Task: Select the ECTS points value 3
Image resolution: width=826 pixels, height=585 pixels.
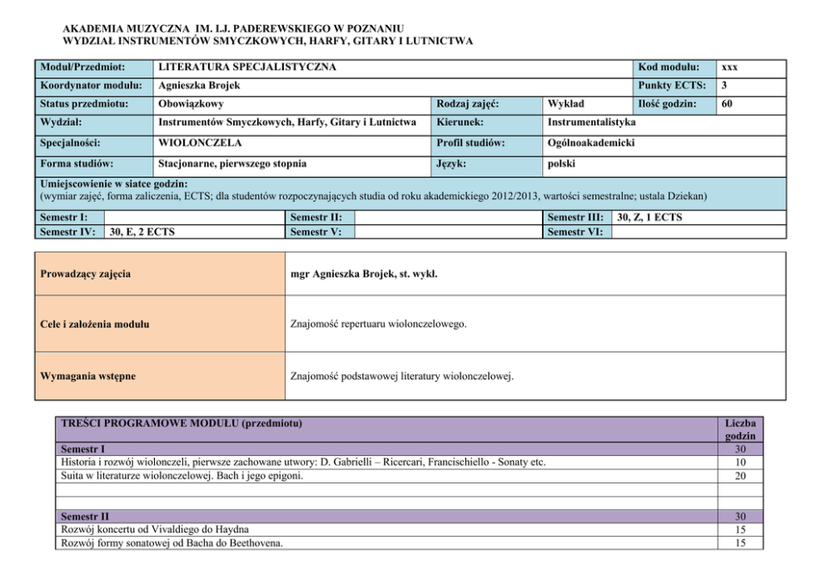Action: point(725,86)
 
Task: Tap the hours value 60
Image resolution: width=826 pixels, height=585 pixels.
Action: point(728,104)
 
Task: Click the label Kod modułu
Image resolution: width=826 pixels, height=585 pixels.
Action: point(669,67)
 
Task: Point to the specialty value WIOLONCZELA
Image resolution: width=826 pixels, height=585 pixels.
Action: point(195,142)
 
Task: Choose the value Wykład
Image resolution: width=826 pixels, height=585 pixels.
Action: point(566,104)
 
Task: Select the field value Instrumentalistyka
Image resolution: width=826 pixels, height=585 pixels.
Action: point(591,122)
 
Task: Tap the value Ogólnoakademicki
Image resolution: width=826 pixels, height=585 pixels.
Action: point(591,142)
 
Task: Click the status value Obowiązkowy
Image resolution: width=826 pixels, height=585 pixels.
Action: point(191,104)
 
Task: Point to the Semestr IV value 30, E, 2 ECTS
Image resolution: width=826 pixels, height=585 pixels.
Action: point(142,232)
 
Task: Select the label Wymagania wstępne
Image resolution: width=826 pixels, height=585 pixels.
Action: point(87,376)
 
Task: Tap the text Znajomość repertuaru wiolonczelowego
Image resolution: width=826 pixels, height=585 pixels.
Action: point(378,324)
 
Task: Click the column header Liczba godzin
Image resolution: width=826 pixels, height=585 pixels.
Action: point(739,429)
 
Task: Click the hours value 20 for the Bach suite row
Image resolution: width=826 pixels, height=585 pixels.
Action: point(739,476)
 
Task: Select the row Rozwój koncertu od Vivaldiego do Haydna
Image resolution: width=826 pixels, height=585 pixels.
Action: point(155,529)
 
